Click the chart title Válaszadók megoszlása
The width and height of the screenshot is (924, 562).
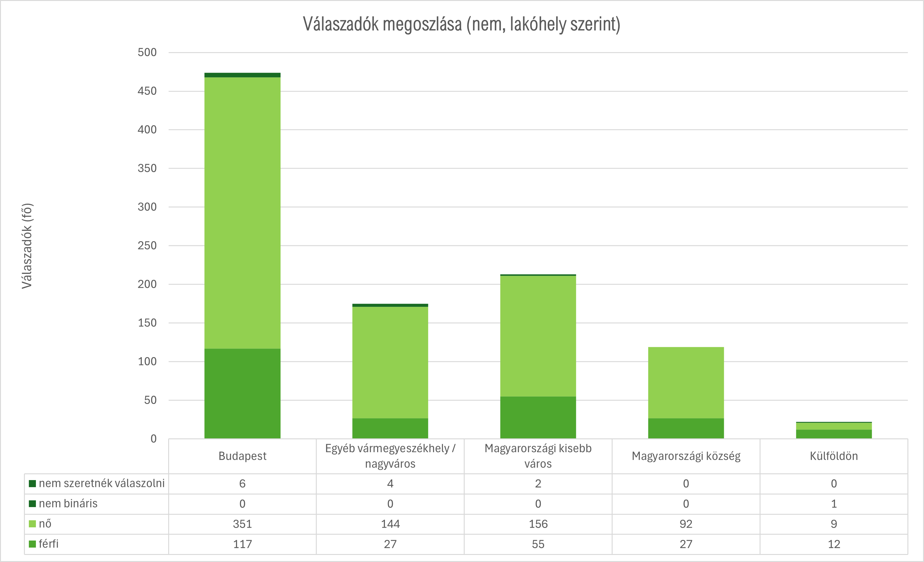462,25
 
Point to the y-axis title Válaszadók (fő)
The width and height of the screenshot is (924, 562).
27,246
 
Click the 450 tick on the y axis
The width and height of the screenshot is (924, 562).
147,91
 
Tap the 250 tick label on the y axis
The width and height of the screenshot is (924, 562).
147,246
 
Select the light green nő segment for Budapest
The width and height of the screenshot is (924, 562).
242,213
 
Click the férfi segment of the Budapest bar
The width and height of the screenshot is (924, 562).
242,393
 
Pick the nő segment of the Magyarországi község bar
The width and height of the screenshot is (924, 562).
686,383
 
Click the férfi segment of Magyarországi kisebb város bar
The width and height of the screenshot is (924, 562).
538,417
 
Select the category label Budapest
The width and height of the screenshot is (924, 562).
242,456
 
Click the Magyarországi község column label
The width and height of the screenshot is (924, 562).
686,456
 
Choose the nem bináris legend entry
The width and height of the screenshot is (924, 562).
68,503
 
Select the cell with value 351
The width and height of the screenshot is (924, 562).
242,524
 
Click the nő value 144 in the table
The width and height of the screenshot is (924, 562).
390,524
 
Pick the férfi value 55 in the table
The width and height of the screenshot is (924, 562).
538,544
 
